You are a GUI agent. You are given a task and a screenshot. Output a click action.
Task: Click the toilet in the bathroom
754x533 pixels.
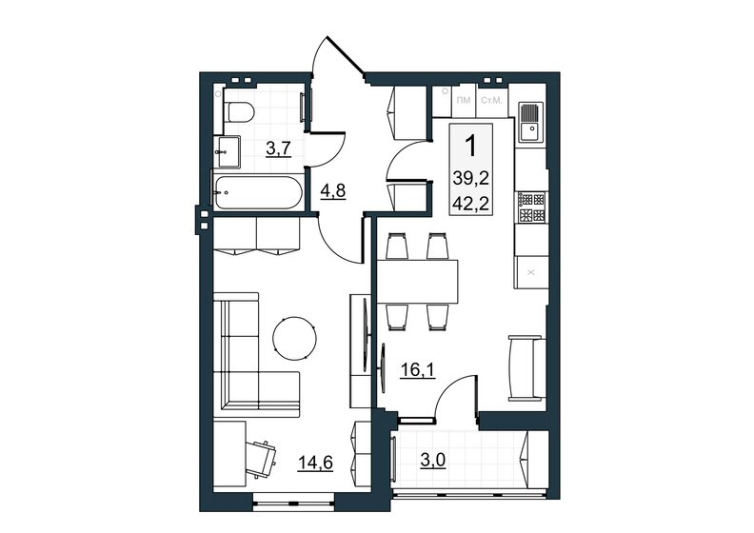point(240,111)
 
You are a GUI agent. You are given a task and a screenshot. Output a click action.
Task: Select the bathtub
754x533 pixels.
point(257,193)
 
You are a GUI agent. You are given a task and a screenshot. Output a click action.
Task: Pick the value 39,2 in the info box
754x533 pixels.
point(471,176)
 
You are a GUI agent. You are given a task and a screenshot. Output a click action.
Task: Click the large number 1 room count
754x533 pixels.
point(470,146)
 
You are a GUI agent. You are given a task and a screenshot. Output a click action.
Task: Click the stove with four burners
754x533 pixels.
point(530,207)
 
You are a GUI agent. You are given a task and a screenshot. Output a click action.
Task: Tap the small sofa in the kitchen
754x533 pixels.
point(526,369)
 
